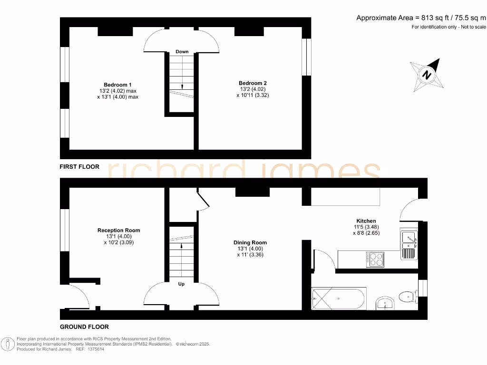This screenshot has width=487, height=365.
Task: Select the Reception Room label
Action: coord(118,231)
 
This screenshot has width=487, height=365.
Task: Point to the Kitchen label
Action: coord(366,221)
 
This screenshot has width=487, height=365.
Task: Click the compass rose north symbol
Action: coord(427,75)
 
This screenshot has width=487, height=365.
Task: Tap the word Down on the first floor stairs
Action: coord(182,51)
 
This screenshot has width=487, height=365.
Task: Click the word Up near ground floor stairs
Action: coord(181,284)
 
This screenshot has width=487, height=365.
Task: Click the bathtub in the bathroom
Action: coord(338,298)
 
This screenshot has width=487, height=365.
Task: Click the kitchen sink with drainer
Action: coord(409,245)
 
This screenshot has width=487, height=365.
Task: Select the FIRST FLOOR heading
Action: coord(79,167)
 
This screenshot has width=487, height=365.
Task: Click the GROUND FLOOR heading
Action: coord(84,327)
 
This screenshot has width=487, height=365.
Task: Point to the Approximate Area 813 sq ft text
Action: coord(421,18)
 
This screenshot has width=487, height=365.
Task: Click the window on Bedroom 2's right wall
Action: coord(307,57)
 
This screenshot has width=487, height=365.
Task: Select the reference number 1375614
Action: coord(95,349)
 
